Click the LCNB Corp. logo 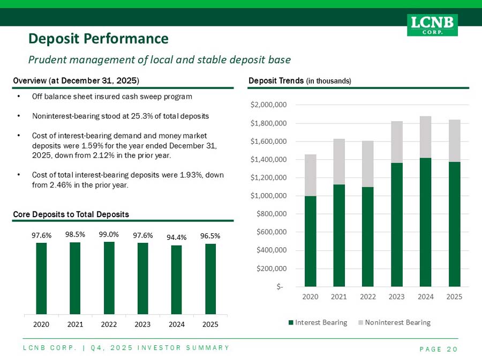click(x=432, y=25)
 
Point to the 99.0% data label click(x=109, y=234)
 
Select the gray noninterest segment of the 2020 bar click(x=310, y=175)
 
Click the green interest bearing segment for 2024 click(x=426, y=222)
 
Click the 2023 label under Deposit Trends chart click(x=397, y=295)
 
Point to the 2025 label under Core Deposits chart click(x=210, y=324)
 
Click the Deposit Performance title click(x=99, y=39)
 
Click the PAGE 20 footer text click(x=438, y=349)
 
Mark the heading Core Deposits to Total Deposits click(x=71, y=214)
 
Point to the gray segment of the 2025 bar click(x=454, y=141)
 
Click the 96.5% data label click(x=210, y=235)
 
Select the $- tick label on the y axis click(x=280, y=286)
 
